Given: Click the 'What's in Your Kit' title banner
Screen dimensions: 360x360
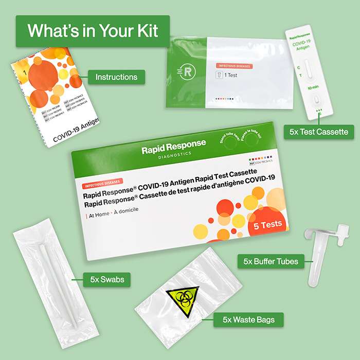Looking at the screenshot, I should [x=93, y=31].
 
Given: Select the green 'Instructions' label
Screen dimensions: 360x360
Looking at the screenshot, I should [x=116, y=77].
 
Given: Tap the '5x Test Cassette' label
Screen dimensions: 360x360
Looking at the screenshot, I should [x=319, y=132].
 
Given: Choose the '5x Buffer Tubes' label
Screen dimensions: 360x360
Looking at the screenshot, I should [x=271, y=261].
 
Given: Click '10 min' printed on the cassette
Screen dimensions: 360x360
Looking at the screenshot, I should [x=313, y=88].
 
